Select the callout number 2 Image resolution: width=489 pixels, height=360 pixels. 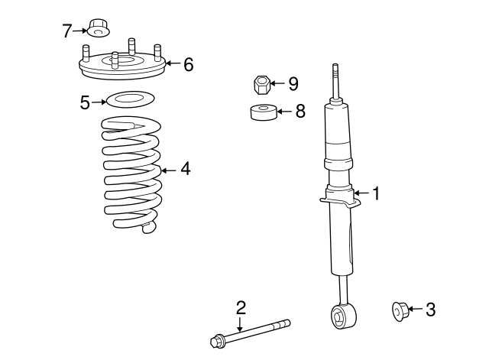pyautogui.click(x=241, y=308)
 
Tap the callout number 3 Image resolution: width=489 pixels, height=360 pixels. pyautogui.click(x=430, y=310)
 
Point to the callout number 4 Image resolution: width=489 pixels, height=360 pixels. pyautogui.click(x=185, y=169)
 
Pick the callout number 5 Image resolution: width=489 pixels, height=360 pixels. pyautogui.click(x=85, y=102)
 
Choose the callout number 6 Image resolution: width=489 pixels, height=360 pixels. pyautogui.click(x=188, y=64)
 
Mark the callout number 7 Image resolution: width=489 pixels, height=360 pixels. pyautogui.click(x=66, y=31)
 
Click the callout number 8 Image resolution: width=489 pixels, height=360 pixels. pyautogui.click(x=300, y=112)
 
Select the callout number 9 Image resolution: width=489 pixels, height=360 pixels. pyautogui.click(x=293, y=83)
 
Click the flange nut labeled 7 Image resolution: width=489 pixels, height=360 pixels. pyautogui.click(x=97, y=28)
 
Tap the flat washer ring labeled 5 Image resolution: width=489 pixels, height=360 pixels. pyautogui.click(x=126, y=99)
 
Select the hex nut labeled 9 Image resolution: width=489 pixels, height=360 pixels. pyautogui.click(x=261, y=83)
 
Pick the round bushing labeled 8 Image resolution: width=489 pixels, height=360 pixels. pyautogui.click(x=263, y=113)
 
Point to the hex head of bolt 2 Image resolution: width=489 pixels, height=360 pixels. pyautogui.click(x=215, y=339)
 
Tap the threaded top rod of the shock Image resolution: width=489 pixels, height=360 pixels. pyautogui.click(x=335, y=80)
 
